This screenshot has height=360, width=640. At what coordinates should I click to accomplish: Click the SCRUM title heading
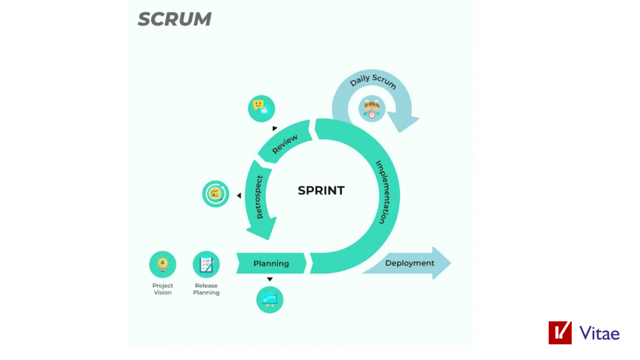[x=175, y=19]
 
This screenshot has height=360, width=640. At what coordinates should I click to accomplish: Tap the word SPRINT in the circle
[x=321, y=190]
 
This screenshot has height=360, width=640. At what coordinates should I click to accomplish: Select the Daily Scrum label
[x=373, y=81]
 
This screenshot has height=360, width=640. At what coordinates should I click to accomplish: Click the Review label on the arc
[x=285, y=144]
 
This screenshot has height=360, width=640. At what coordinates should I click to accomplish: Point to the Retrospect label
[x=259, y=197]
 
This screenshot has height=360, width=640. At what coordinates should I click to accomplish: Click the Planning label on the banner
[x=271, y=264]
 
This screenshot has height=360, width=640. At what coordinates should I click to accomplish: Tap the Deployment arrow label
[x=409, y=263]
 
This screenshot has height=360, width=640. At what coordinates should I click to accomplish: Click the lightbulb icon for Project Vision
[x=163, y=264]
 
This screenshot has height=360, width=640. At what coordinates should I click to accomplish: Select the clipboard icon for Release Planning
[x=206, y=264]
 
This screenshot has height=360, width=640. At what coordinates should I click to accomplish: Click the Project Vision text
[x=163, y=289]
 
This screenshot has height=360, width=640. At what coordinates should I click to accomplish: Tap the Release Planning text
[x=206, y=289]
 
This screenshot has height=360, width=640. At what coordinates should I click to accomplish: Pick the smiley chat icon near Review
[x=261, y=108]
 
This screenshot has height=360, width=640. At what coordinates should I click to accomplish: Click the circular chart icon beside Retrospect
[x=215, y=194]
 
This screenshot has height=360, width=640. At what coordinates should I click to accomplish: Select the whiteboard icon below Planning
[x=270, y=299]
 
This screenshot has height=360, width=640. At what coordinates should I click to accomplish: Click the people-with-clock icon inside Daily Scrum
[x=372, y=109]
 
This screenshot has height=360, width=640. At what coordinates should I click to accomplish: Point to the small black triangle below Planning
[x=270, y=279]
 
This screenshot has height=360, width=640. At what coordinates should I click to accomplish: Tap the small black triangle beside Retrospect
[x=239, y=195]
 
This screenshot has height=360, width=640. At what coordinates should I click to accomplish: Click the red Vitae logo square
[x=560, y=333]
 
